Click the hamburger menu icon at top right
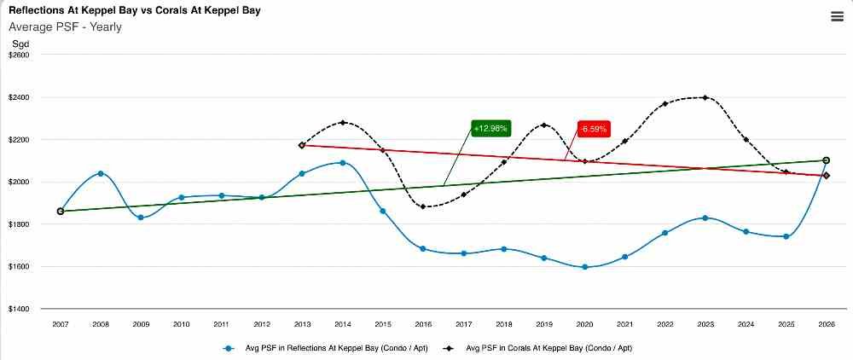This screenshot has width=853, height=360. click(x=837, y=17)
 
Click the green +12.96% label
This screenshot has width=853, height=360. click(x=490, y=128)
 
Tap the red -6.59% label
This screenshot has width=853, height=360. click(x=593, y=130)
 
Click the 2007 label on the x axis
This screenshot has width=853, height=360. click(x=61, y=324)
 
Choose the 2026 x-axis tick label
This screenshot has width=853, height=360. click(x=826, y=324)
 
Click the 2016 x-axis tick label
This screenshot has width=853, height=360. click(x=423, y=324)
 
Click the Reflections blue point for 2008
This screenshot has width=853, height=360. click(x=101, y=173)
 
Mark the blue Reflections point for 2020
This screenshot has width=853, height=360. click(x=584, y=267)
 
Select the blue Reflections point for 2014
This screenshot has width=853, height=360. click(x=342, y=162)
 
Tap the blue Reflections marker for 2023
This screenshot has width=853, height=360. click(x=705, y=218)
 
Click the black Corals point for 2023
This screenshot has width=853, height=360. click(x=705, y=97)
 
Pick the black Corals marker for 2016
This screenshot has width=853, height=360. click(x=423, y=206)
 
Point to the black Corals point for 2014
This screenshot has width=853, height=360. click(x=342, y=122)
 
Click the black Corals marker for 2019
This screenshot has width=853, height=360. click(x=543, y=125)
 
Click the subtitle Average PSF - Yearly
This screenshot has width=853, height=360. click(x=65, y=26)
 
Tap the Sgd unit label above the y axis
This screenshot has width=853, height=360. click(x=19, y=43)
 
